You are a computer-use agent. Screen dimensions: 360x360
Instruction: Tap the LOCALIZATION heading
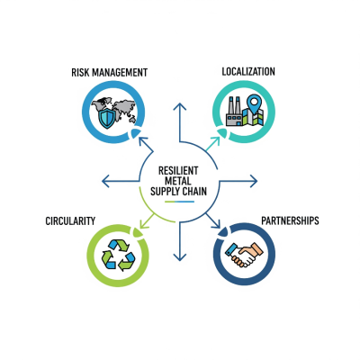tap(248, 70)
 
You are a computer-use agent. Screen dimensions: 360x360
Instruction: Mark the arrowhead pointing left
tap(104, 181)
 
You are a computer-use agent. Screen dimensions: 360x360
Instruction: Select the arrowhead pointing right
tap(256, 181)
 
